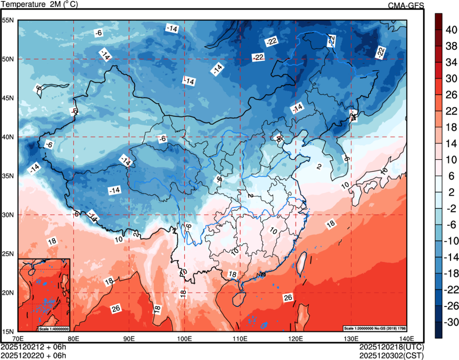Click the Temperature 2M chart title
click(40, 4)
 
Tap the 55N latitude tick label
click(8, 20)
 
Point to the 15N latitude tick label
click(8, 331)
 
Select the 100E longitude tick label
click(184, 338)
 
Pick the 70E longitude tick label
click(18, 338)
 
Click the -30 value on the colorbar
click(452, 323)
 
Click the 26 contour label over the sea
click(288, 297)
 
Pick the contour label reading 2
click(318, 167)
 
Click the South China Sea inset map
click(44, 294)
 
